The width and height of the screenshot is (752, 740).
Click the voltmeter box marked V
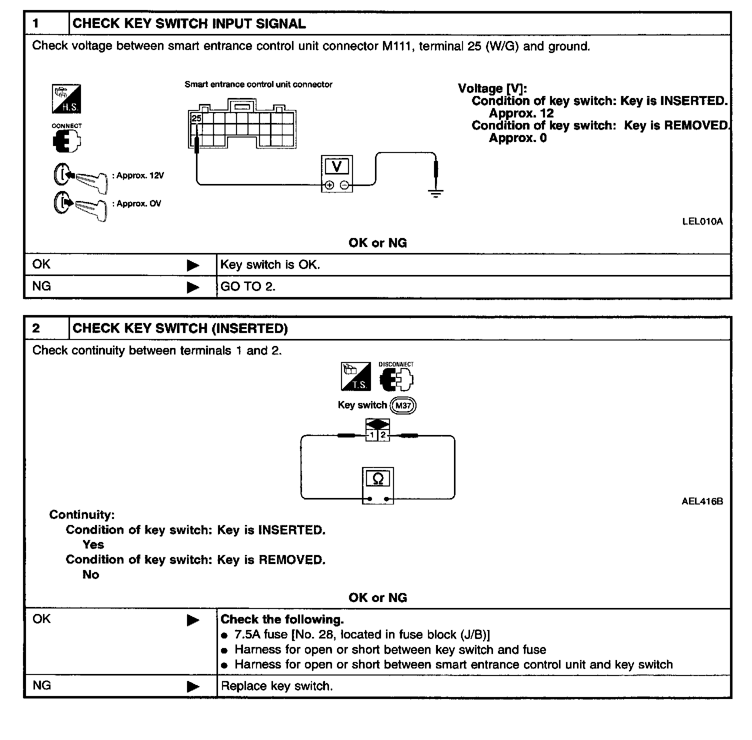pos(336,173)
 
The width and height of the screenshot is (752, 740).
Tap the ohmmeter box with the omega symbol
pos(377,485)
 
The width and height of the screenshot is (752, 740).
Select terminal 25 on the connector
pos(196,118)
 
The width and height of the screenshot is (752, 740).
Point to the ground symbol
pos(436,193)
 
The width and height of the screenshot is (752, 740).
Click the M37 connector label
pos(403,405)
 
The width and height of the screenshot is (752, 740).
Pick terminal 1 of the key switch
pos(372,435)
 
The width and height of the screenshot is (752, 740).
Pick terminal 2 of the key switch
pos(383,435)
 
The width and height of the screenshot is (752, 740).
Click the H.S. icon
pos(66,99)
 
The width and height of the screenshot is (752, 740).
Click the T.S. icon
pos(355,376)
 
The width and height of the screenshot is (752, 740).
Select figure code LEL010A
pos(702,221)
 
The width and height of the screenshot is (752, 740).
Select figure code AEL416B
pos(702,501)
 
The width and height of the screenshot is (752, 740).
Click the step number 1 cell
pos(46,23)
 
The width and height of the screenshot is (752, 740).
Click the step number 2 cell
pos(46,328)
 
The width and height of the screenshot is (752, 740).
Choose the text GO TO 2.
pos(248,287)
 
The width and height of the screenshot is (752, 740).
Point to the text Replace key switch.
pos(276,686)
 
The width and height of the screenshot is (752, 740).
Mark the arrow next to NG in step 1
pos(193,287)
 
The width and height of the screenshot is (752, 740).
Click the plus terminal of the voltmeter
pos(329,185)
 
